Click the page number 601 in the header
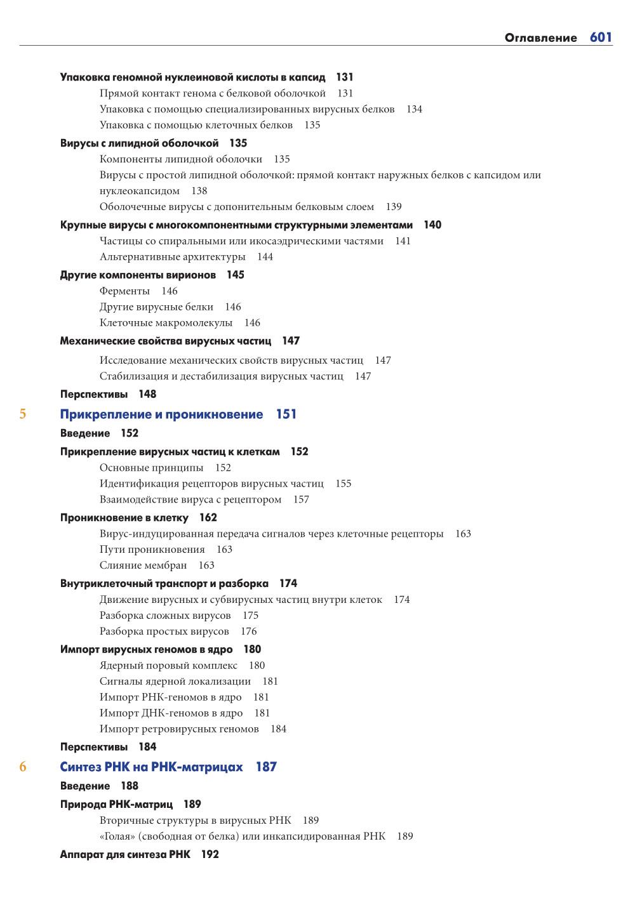click(x=601, y=37)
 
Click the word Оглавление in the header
click(x=540, y=38)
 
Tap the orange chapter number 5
click(x=23, y=414)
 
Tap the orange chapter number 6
click(x=23, y=767)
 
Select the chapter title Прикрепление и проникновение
click(x=161, y=414)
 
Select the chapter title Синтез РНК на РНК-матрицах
click(x=151, y=767)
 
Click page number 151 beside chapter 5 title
click(x=286, y=414)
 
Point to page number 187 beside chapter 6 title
click(x=266, y=767)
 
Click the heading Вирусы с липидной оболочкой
click(x=139, y=143)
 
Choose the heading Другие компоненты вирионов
click(x=138, y=275)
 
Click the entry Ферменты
click(x=124, y=291)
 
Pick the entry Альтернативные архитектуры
click(x=172, y=257)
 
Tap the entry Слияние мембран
click(x=143, y=565)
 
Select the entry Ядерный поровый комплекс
click(x=168, y=666)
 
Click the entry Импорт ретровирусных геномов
click(x=179, y=729)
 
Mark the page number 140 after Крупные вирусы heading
click(x=432, y=225)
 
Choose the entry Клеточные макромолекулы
click(x=166, y=323)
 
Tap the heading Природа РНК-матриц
click(x=116, y=805)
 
